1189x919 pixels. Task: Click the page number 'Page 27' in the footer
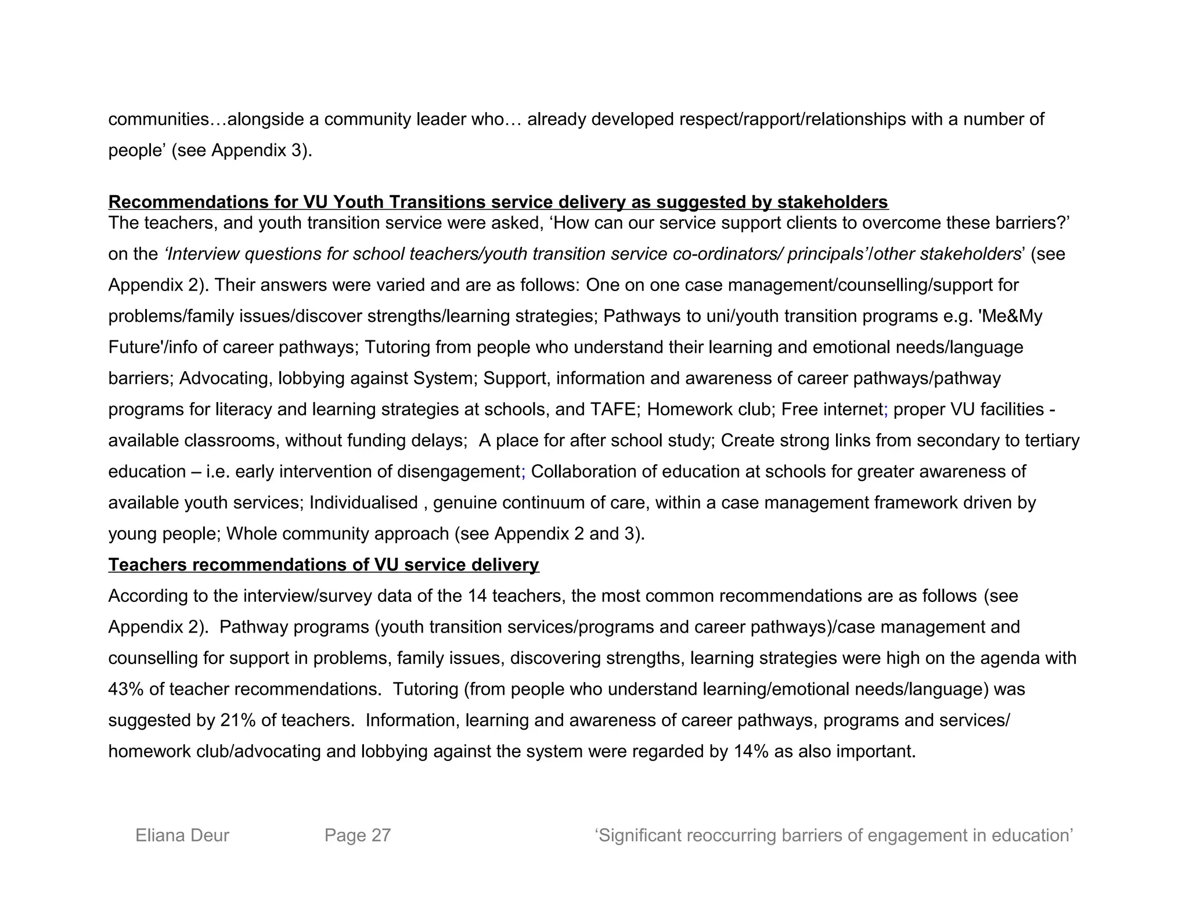(x=358, y=835)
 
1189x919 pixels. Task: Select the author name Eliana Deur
(x=182, y=835)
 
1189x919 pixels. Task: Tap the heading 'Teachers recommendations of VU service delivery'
(x=323, y=565)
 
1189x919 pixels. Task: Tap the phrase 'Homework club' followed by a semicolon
(x=711, y=410)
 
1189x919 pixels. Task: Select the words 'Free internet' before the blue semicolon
(x=831, y=410)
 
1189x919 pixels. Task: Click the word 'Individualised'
(x=363, y=503)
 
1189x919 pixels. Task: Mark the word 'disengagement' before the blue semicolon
(x=459, y=472)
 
